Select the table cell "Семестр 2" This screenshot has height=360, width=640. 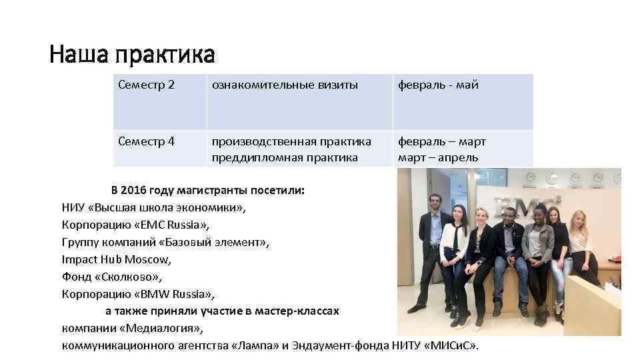click(x=146, y=85)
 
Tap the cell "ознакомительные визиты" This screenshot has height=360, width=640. click(x=285, y=85)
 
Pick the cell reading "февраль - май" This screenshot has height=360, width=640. click(x=438, y=85)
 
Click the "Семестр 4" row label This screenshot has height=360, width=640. click(x=146, y=141)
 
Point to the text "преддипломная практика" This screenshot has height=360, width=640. click(x=285, y=158)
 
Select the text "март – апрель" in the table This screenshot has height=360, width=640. click(x=438, y=158)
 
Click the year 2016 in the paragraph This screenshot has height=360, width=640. click(x=140, y=190)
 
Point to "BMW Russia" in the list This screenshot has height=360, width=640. click(x=178, y=294)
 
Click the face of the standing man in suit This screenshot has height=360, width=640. click(x=435, y=201)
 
